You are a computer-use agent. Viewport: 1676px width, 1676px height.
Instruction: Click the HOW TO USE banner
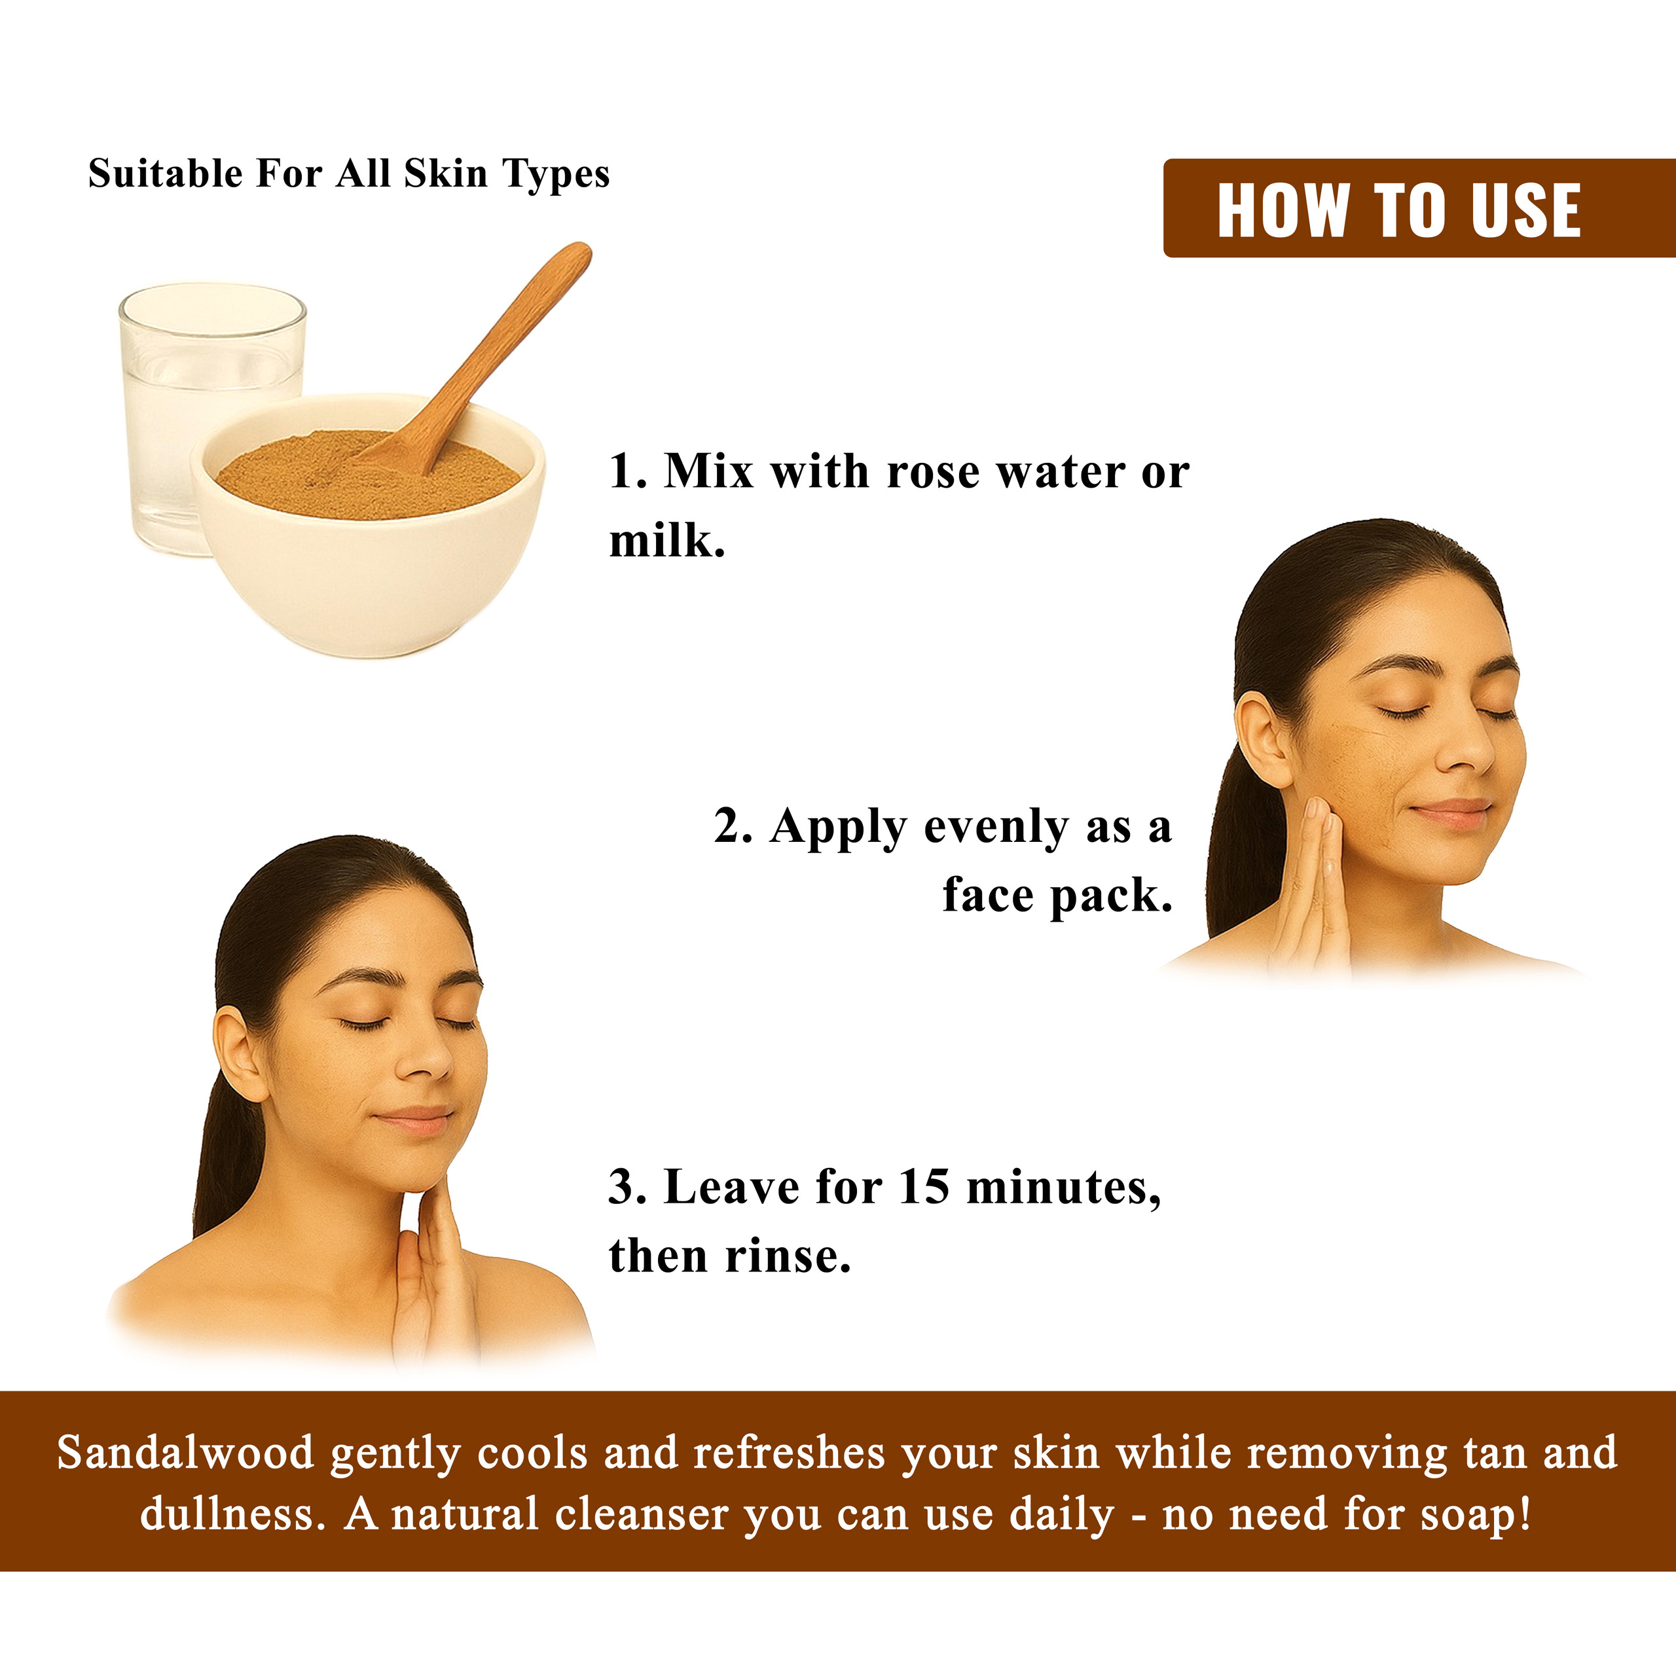click(x=1419, y=208)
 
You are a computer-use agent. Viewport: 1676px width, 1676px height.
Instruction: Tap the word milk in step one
click(x=666, y=541)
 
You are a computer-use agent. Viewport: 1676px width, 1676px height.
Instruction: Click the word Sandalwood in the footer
click(x=186, y=1453)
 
